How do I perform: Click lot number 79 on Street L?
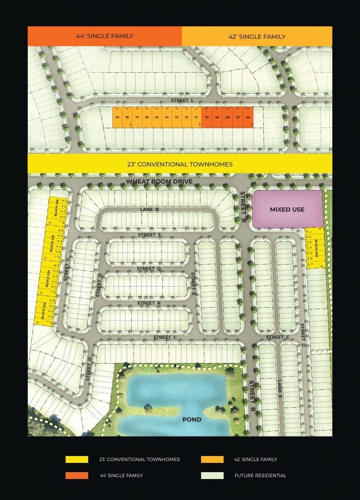tap(117, 118)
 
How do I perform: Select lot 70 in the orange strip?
tap(207, 118)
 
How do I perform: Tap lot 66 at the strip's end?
tap(248, 118)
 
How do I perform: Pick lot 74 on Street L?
tap(167, 118)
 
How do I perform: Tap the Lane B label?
tap(150, 209)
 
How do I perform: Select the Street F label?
tap(149, 235)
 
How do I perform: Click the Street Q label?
tap(149, 269)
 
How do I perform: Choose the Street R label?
tap(149, 303)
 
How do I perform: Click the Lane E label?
tap(280, 387)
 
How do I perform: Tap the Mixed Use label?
tap(287, 209)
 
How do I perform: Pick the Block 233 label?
tap(43, 311)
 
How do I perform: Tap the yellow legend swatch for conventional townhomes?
tap(77, 459)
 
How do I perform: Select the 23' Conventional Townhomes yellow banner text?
tap(180, 164)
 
